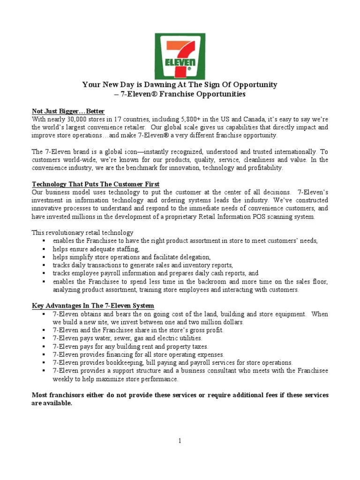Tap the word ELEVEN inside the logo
(x=179, y=62)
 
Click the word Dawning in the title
(x=154, y=85)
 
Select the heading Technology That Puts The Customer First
(x=96, y=184)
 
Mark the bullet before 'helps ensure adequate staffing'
(x=43, y=249)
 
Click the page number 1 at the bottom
(x=180, y=441)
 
